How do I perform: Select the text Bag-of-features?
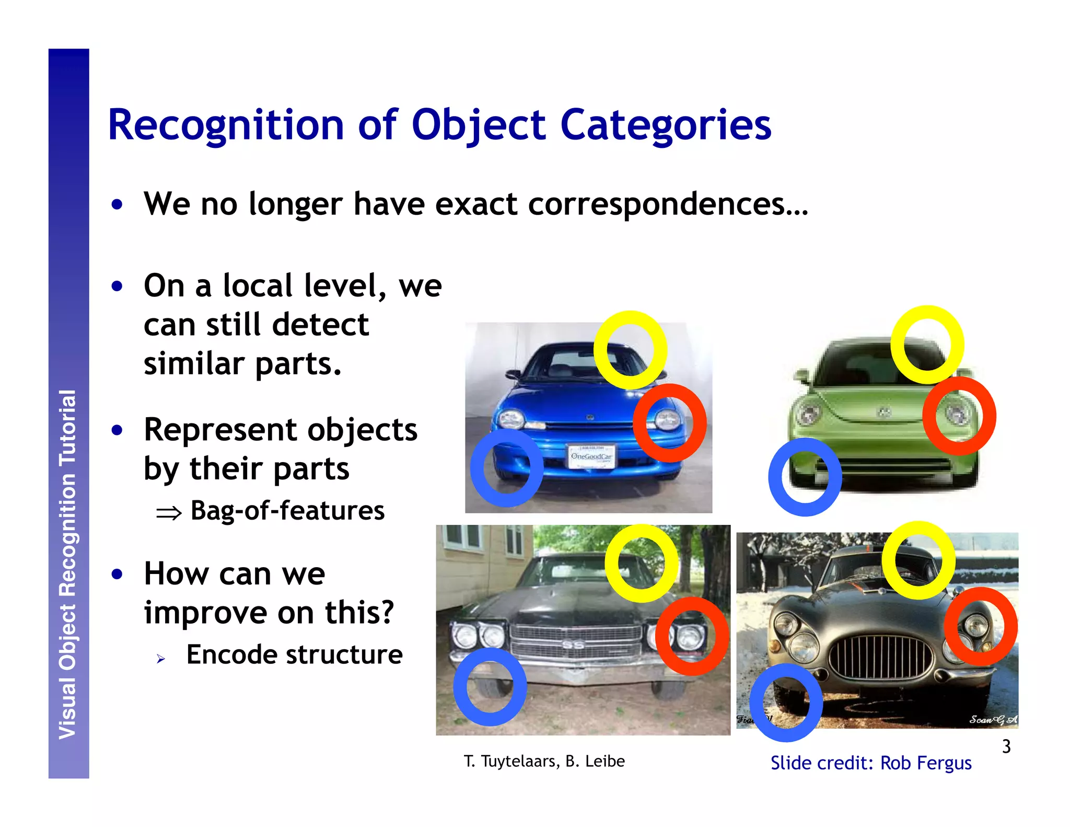tap(287, 511)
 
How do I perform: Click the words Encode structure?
tap(294, 654)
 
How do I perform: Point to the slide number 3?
tap(1006, 746)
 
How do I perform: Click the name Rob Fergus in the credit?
tap(925, 763)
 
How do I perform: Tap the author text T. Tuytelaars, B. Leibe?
tap(544, 761)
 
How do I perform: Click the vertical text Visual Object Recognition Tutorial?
tap(68, 565)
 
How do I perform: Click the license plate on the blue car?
tap(591, 456)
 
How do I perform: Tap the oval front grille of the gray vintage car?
tap(880, 657)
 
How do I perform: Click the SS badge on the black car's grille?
tap(573, 645)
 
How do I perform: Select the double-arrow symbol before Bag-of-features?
tap(169, 513)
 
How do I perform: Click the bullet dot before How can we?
tap(117, 574)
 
